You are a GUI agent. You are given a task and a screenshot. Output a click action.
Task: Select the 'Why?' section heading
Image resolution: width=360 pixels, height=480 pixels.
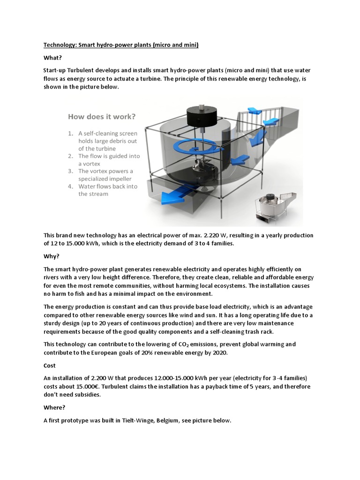tap(51, 256)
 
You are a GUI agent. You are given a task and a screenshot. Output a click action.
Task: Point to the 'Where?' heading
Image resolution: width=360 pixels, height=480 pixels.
tap(55, 408)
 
